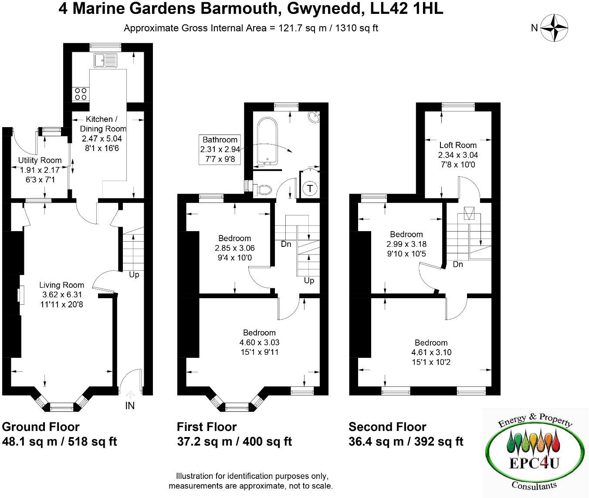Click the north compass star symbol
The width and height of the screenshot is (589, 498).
pyautogui.click(x=554, y=28)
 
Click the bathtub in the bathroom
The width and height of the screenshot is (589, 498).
pyautogui.click(x=267, y=142)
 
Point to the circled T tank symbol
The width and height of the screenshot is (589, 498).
pyautogui.click(x=310, y=188)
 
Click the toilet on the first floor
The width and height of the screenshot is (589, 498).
pyautogui.click(x=263, y=189)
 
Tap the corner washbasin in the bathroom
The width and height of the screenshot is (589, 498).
pyautogui.click(x=314, y=117)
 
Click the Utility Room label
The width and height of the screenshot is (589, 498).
pyautogui.click(x=40, y=160)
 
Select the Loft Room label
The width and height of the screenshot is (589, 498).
pyautogui.click(x=457, y=145)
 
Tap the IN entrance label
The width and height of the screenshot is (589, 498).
pyautogui.click(x=130, y=406)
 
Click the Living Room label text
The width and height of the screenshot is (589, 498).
pyautogui.click(x=61, y=285)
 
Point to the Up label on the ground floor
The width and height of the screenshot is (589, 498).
pyautogui.click(x=134, y=275)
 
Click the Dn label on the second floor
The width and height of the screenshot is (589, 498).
pyautogui.click(x=457, y=264)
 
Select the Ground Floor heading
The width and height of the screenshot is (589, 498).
pyautogui.click(x=41, y=427)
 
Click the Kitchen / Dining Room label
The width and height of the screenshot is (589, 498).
pyautogui.click(x=102, y=124)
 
